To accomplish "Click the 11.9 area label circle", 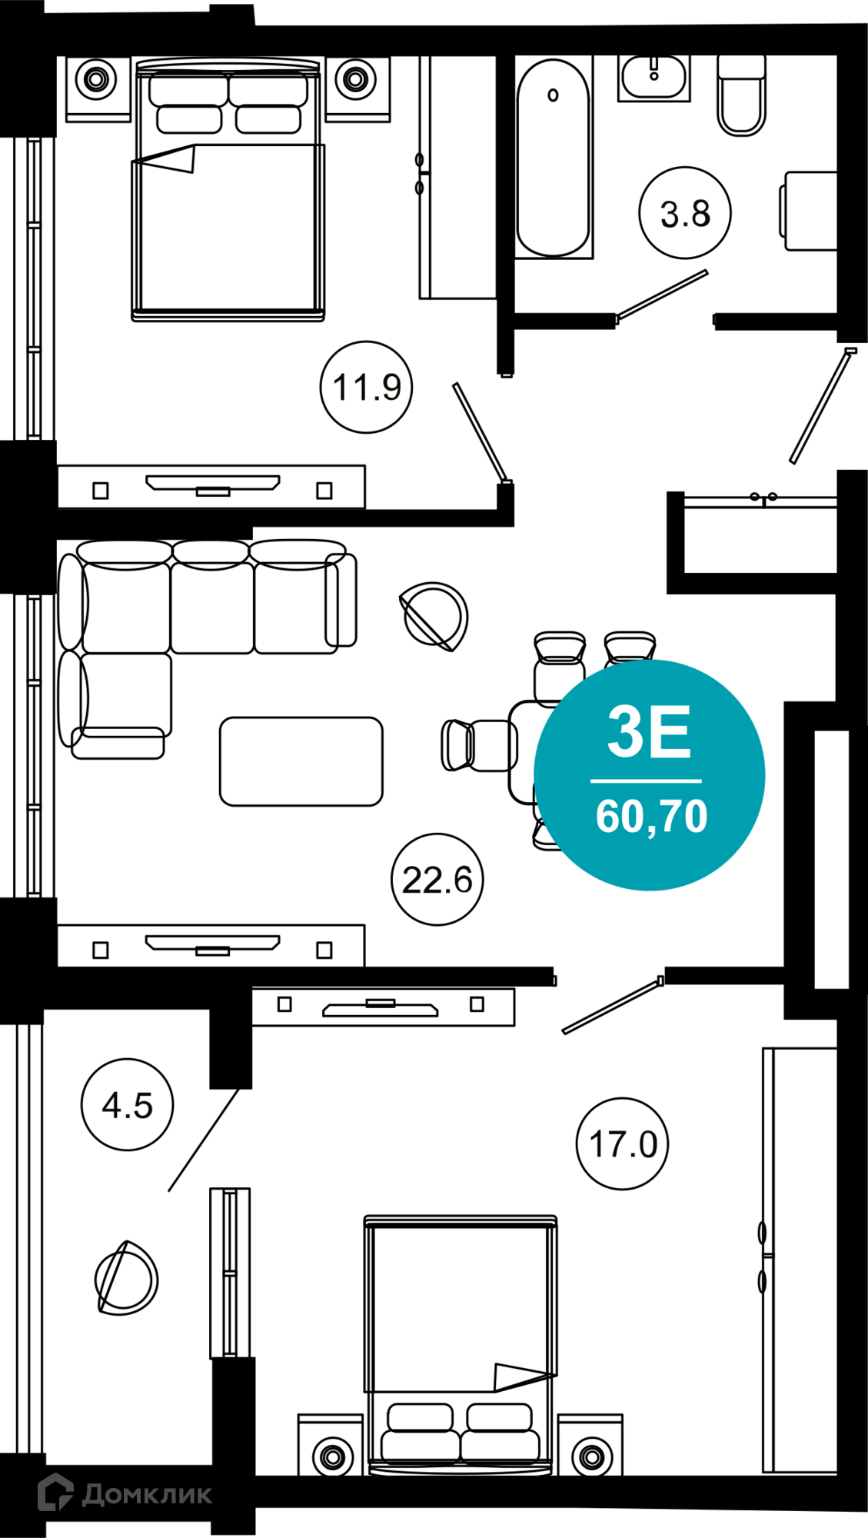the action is pos(366,387).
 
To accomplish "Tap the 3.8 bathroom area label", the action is pos(684,213).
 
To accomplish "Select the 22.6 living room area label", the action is pos(437,879).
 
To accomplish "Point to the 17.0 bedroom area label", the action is pos(622,1144).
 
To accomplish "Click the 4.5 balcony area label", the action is pos(127,1104).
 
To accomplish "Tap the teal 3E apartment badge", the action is pos(650,775).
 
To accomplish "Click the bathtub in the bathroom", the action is pos(553,158).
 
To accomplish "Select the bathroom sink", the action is pos(653,78).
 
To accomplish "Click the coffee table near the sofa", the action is pos(301,761).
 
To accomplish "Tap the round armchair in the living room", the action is pos(434,617).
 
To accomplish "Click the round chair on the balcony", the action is pos(126,1278).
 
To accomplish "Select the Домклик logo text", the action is pos(147,1494).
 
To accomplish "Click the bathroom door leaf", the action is pos(661,295).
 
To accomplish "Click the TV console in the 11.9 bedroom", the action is pos(211,486).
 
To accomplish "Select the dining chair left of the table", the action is pos(476,745).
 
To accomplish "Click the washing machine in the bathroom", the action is pos(809,211).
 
